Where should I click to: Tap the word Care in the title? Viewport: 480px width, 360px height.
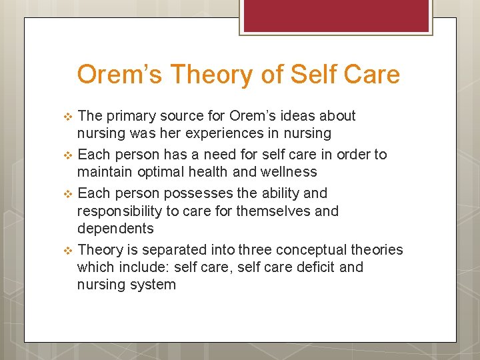coord(373,74)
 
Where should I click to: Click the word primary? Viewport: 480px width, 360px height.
coord(129,116)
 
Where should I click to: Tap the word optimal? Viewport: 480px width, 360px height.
coord(163,172)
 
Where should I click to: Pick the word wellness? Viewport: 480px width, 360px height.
coord(286,172)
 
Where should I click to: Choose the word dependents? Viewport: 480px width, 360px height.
coord(115,229)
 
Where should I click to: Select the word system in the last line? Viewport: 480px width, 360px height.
coord(153,285)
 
